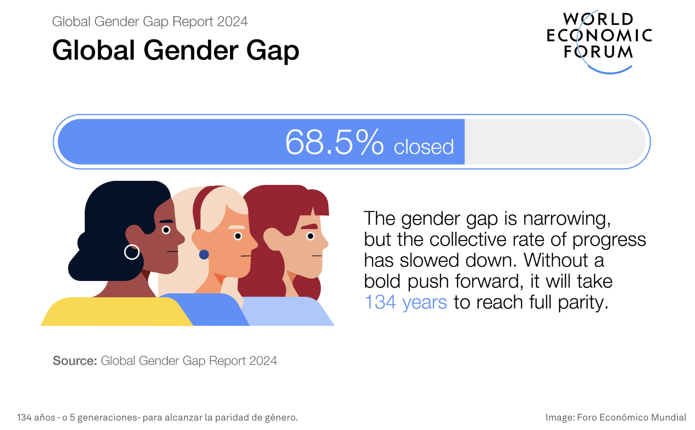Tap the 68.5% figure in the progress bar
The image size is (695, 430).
[x=335, y=142]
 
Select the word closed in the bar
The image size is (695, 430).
[x=424, y=146]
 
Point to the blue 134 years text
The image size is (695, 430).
[x=405, y=302]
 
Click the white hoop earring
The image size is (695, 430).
[x=132, y=252]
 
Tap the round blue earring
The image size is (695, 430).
[x=204, y=254]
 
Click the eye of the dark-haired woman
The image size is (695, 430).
[x=166, y=230]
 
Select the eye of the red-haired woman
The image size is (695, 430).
[x=310, y=236]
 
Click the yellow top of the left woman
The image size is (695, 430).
[x=117, y=311]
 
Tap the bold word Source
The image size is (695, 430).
[x=75, y=361]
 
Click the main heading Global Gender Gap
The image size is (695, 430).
[x=175, y=50]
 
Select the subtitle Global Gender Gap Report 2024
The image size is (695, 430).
[x=149, y=22]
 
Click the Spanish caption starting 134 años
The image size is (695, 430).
[x=157, y=418]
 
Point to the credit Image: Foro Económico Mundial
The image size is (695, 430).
[x=616, y=418]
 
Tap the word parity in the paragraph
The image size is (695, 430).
[x=583, y=302]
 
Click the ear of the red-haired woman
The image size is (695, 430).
[x=273, y=239]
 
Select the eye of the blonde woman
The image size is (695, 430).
[x=238, y=236]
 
